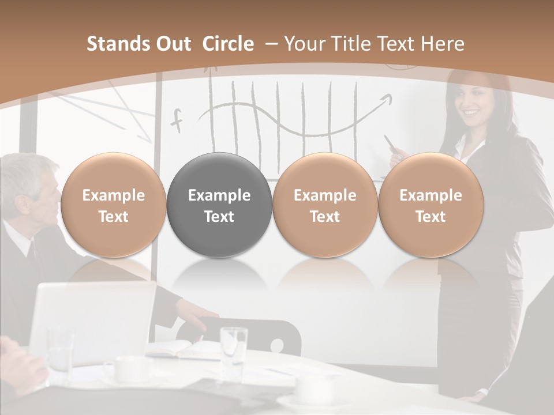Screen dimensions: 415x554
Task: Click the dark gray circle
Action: pyautogui.click(x=219, y=205)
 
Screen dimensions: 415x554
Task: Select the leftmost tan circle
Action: pyautogui.click(x=113, y=205)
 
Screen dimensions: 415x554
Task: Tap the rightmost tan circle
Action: pyautogui.click(x=431, y=205)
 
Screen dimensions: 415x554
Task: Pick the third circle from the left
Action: pyautogui.click(x=325, y=205)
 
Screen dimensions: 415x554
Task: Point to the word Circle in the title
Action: pyautogui.click(x=228, y=44)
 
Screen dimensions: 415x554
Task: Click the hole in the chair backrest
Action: pyautogui.click(x=277, y=346)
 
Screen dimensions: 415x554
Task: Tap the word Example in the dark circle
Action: pyautogui.click(x=219, y=195)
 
